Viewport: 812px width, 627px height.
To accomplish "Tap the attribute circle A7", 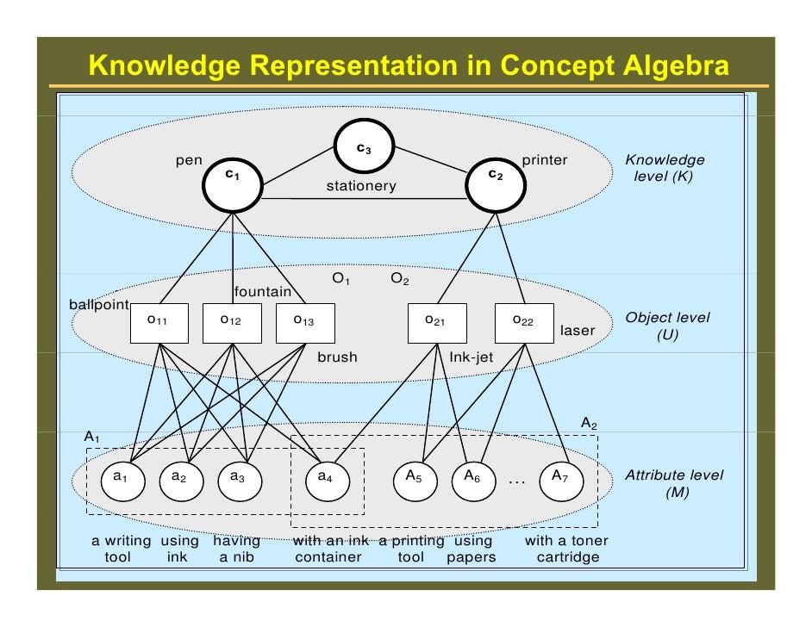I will tap(560, 476).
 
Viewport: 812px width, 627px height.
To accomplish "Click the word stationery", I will tap(361, 186).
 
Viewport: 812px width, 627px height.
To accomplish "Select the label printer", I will tap(545, 160).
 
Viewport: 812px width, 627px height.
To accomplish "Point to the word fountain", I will tap(263, 292).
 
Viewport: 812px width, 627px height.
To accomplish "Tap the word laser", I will tap(578, 331).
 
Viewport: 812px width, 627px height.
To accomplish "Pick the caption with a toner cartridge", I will tap(566, 549).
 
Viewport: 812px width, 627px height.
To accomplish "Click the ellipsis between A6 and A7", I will tap(516, 479).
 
